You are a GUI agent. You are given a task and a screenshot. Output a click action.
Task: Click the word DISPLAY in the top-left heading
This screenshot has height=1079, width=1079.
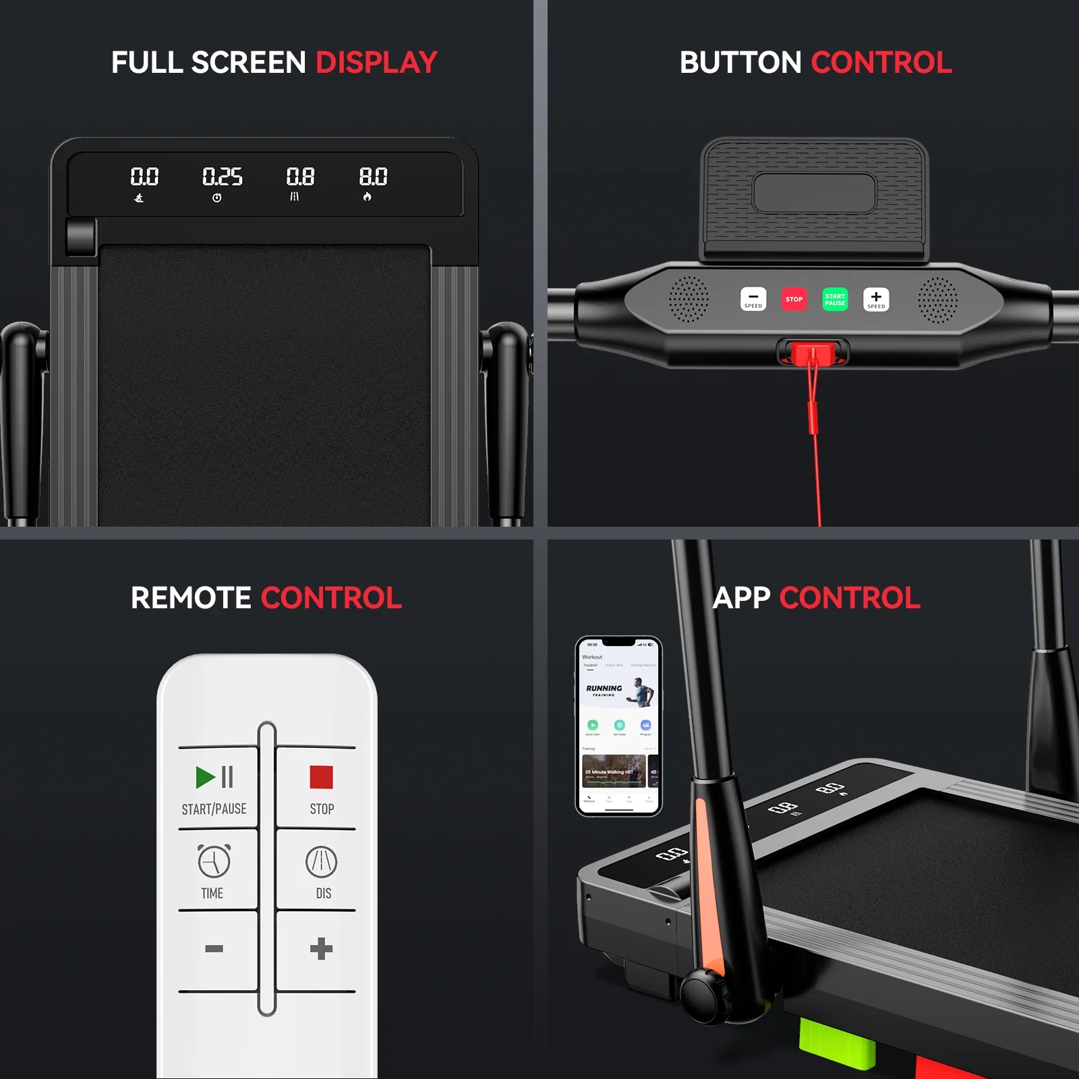click(x=376, y=63)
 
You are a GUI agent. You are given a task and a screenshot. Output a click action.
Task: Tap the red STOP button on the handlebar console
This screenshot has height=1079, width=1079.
click(x=794, y=299)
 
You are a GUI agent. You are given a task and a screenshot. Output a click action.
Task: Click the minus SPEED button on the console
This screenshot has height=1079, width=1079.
click(x=753, y=299)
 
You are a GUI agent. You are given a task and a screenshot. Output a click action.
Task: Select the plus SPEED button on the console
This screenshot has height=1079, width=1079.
click(x=876, y=299)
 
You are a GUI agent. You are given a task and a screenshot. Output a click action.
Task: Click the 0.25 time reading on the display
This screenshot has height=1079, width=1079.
click(x=222, y=177)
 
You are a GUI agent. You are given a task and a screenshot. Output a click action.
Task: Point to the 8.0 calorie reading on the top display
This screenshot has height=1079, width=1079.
click(x=373, y=177)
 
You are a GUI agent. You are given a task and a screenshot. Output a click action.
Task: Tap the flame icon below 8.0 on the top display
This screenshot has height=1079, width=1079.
click(x=367, y=197)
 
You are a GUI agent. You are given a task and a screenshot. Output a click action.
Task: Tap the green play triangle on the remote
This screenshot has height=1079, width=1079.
click(x=205, y=777)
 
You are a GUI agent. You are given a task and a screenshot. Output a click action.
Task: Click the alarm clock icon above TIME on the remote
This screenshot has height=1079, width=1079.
click(x=214, y=861)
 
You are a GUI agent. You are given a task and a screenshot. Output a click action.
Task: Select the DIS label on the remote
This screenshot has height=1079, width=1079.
click(x=324, y=894)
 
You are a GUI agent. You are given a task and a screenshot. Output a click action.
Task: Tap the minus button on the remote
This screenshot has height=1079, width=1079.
click(x=214, y=949)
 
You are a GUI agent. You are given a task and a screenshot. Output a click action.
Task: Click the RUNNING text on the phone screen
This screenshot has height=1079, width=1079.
click(x=604, y=689)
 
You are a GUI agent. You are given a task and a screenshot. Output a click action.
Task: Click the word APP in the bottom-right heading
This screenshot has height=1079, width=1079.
click(x=741, y=598)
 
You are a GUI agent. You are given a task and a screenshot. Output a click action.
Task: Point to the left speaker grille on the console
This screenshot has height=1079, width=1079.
click(x=689, y=299)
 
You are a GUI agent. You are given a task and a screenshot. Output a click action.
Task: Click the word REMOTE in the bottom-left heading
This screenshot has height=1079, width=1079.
click(x=191, y=598)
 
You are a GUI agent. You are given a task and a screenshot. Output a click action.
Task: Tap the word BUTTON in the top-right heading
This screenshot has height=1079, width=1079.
click(x=740, y=63)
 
